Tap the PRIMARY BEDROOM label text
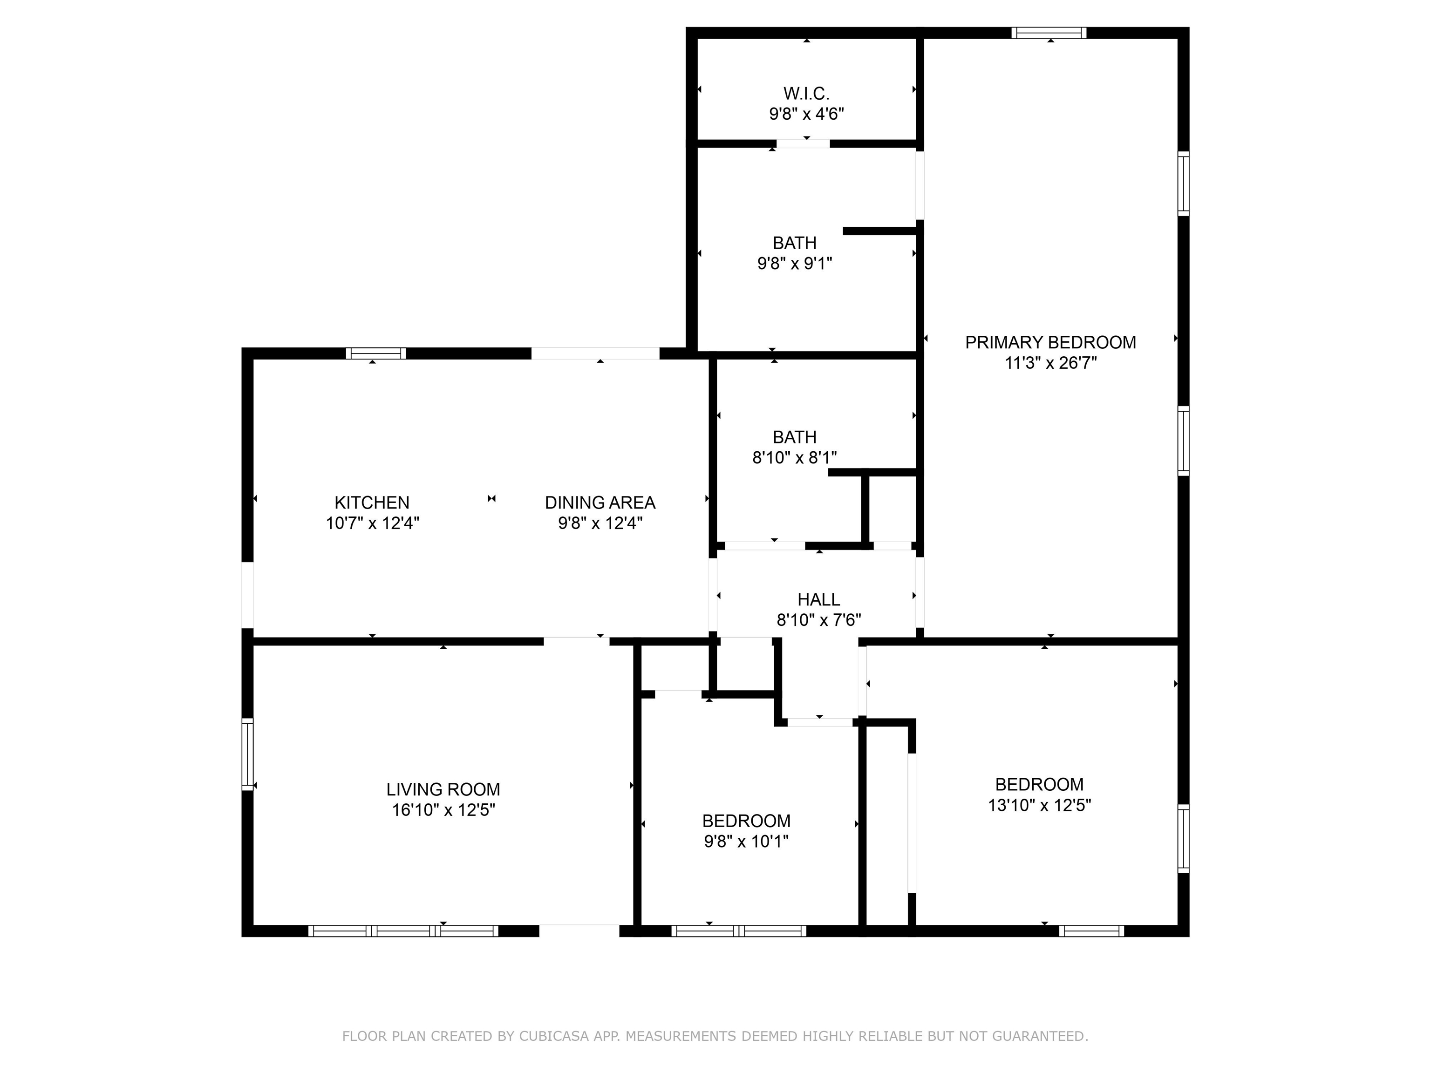(x=1050, y=342)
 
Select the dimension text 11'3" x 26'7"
(x=1050, y=363)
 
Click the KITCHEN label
(x=372, y=503)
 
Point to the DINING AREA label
(x=600, y=503)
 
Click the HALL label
(x=819, y=599)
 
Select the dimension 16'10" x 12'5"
(x=443, y=810)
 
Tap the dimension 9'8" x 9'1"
(x=794, y=263)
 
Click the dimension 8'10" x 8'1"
(x=794, y=458)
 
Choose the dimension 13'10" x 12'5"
(x=1040, y=805)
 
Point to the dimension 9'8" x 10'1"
(x=747, y=842)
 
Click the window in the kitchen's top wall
(x=376, y=353)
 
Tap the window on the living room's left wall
(x=247, y=754)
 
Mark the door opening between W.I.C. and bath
(x=803, y=143)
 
